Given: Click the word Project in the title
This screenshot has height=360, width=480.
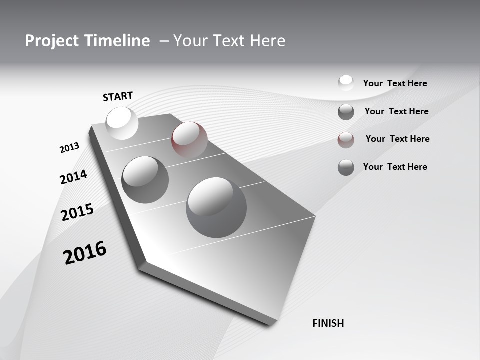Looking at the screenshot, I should [x=48, y=41].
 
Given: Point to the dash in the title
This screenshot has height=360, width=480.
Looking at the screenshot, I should [x=164, y=41].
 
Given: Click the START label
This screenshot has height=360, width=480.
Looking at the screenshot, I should [x=118, y=96].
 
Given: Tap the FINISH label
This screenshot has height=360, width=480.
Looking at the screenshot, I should [x=328, y=323].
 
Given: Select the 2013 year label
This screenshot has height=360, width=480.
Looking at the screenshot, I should [x=69, y=148].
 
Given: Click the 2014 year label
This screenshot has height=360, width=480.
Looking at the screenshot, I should [x=73, y=177].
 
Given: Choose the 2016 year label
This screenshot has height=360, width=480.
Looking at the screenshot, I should [x=85, y=253].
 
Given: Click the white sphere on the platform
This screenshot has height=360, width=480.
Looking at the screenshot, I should [x=122, y=123].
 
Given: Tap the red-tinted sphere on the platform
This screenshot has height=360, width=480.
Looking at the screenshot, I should [x=189, y=139].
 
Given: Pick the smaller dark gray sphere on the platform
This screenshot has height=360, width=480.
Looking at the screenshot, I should [x=145, y=180].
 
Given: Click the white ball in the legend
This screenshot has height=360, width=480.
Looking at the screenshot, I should [x=346, y=83].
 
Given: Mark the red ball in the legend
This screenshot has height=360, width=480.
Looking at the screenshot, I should [x=346, y=140].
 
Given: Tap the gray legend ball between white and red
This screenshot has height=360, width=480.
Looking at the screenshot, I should [x=346, y=112].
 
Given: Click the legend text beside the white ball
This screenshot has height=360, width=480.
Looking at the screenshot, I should [x=395, y=83].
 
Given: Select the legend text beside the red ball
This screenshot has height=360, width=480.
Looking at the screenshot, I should [x=397, y=139].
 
